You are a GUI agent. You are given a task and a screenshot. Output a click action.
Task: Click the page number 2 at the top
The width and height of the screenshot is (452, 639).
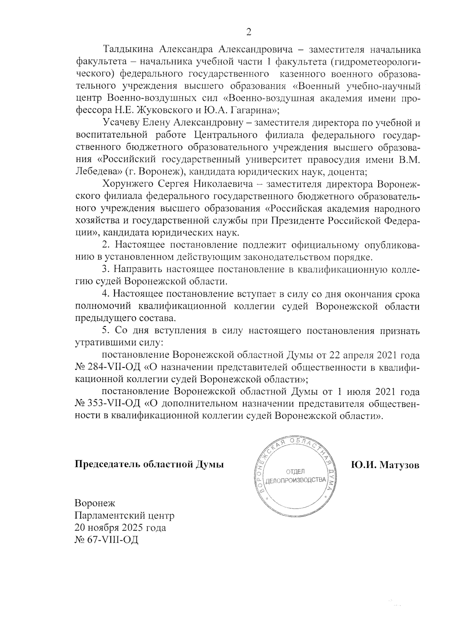click(248, 32)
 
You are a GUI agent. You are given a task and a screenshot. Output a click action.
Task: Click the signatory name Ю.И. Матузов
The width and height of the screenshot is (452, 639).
click(385, 465)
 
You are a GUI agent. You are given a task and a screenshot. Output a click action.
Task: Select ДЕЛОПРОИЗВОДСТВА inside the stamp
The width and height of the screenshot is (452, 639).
click(296, 481)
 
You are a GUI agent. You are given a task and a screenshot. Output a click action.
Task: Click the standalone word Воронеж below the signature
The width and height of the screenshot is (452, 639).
click(95, 503)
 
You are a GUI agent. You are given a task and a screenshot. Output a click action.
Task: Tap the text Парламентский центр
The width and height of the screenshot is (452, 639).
click(125, 515)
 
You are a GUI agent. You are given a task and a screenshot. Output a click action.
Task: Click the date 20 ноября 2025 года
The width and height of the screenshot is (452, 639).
click(121, 528)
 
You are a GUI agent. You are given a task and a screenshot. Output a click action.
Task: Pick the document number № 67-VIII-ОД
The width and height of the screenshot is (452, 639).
click(107, 540)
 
